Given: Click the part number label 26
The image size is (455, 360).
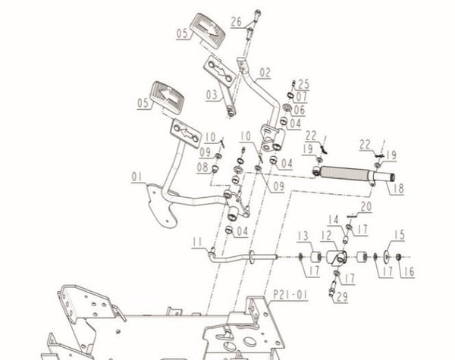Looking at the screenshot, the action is (236, 21).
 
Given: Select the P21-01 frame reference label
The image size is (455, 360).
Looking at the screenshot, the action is (290, 294).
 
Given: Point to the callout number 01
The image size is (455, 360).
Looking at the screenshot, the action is (137, 177).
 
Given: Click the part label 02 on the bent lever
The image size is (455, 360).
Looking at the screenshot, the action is (265, 73).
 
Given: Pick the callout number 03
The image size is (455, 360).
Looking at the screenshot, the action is (212, 95).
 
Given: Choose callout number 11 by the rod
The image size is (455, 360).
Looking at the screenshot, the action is (197, 242).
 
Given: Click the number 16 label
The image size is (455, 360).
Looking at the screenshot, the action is (408, 272).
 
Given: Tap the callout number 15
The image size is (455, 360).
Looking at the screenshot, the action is (400, 235).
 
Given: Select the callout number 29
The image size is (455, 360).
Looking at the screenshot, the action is (342, 296).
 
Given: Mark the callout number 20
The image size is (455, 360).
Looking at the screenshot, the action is (366, 207).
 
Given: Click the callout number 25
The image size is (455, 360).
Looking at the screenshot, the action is (303, 84).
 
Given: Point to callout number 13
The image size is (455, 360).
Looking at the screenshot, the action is (303, 236).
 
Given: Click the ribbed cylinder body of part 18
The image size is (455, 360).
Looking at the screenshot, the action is (345, 173).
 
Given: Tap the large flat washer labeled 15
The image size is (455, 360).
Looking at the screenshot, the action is (387, 257).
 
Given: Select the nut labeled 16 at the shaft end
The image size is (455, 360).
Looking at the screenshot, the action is (399, 257).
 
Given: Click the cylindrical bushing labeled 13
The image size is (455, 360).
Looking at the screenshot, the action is (315, 257).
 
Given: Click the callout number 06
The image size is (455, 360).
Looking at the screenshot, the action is (300, 110).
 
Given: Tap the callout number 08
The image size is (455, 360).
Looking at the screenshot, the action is (202, 167).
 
